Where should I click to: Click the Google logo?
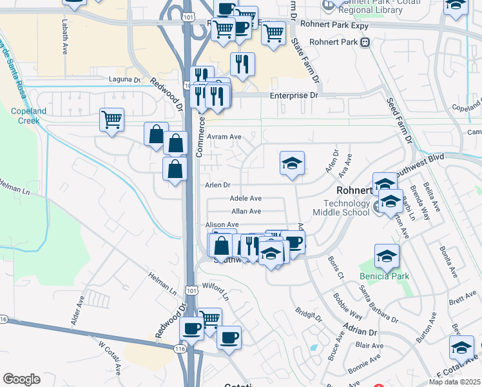(x=21, y=379)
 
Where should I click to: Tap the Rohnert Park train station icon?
(x=365, y=43)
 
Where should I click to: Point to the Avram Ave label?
(x=224, y=137)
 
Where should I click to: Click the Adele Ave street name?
(x=246, y=199)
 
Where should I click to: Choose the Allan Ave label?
(x=246, y=211)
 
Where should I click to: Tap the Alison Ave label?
(x=222, y=224)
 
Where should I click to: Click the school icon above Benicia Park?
(x=387, y=256)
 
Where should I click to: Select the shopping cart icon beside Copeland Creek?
(x=111, y=120)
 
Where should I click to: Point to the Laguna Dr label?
(x=127, y=80)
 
